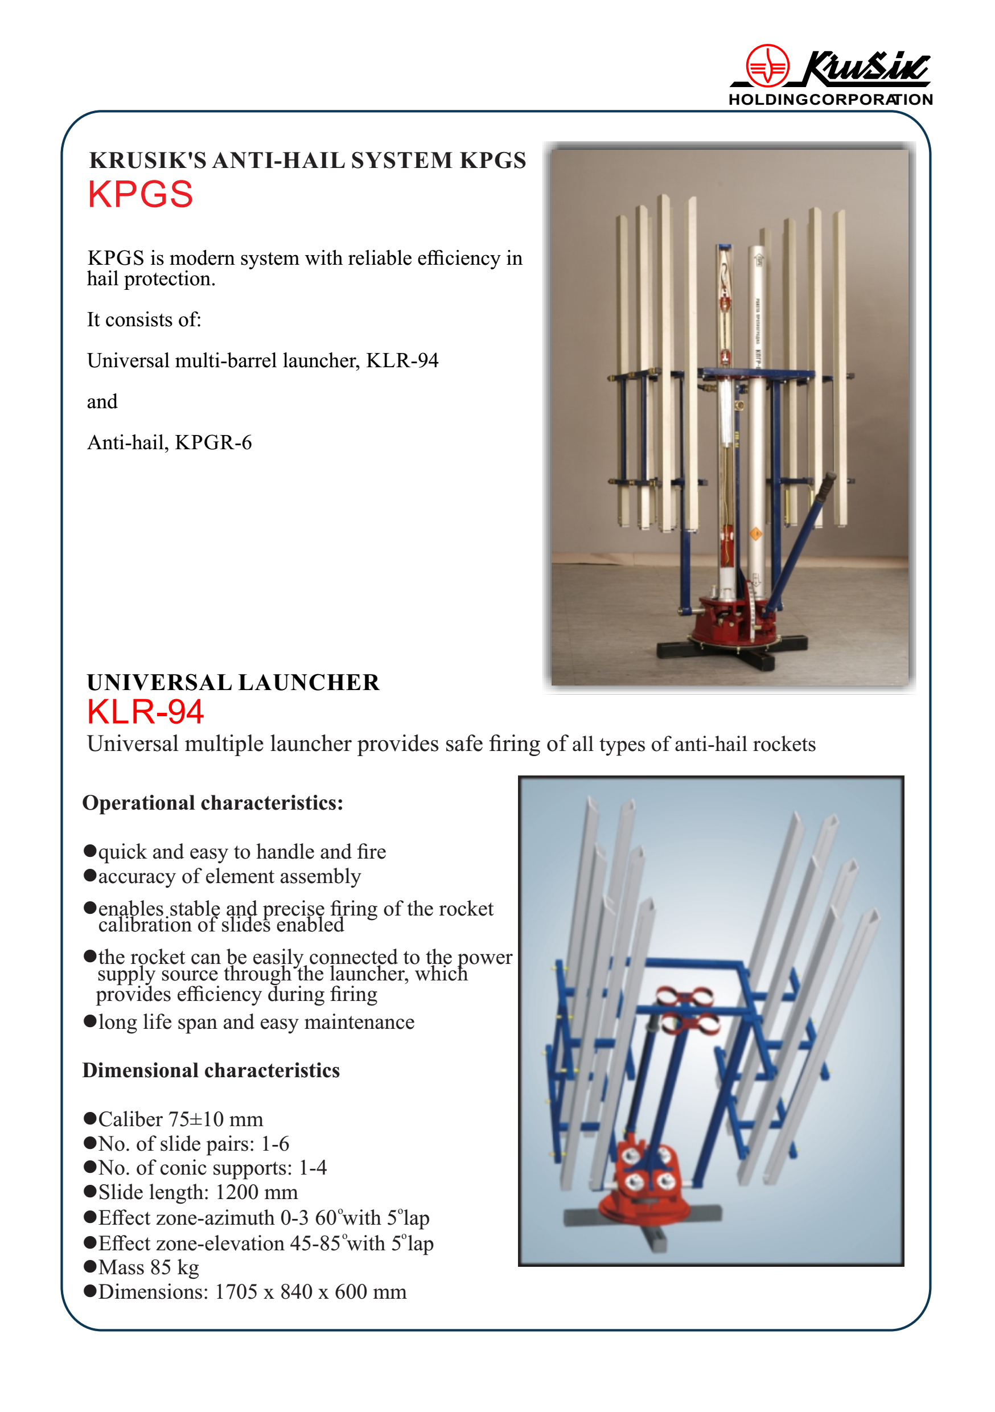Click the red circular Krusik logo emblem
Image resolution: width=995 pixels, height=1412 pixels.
coord(767,65)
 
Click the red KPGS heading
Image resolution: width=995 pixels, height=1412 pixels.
coord(140,195)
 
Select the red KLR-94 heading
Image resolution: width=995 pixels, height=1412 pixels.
coord(145,712)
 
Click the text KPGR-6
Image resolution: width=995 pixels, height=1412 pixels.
coord(213,443)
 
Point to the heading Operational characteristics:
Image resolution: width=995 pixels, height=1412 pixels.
coord(213,803)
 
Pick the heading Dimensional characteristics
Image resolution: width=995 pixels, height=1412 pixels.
coord(211,1071)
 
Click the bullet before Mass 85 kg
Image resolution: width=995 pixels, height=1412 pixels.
coord(90,1266)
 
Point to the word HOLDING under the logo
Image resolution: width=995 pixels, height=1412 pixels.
coord(768,100)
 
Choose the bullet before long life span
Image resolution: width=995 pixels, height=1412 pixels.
coord(90,1021)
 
